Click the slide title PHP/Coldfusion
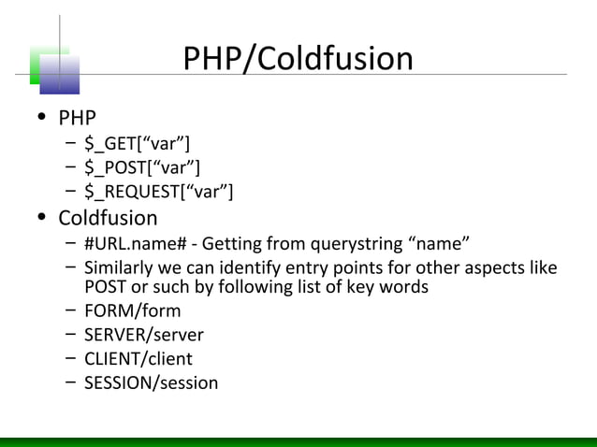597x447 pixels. [x=298, y=59]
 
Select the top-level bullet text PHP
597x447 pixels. [x=78, y=119]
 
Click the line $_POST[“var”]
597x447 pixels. [x=141, y=167]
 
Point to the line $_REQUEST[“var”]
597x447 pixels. [x=158, y=192]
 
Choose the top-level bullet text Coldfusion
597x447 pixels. [x=108, y=218]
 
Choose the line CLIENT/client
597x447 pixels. [x=138, y=358]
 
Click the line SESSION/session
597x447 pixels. [x=151, y=382]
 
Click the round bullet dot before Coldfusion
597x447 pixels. [x=41, y=219]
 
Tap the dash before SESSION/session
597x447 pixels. [x=71, y=382]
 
